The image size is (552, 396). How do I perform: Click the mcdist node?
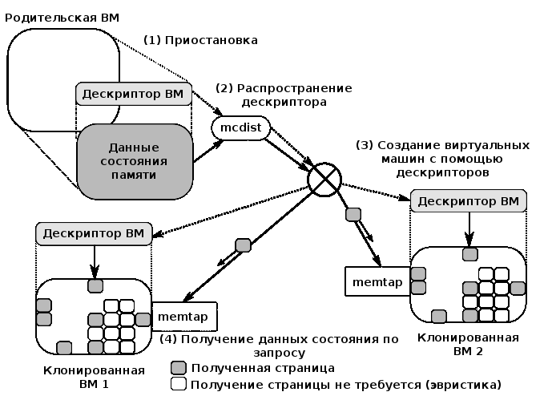click(x=241, y=127)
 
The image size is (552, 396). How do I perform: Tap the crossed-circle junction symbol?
click(x=324, y=180)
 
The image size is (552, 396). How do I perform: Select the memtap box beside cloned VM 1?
click(x=184, y=316)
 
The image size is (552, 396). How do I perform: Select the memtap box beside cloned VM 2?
click(x=377, y=281)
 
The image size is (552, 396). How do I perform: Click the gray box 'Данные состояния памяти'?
click(x=135, y=161)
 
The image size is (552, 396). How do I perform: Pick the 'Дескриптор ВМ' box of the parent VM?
click(x=134, y=94)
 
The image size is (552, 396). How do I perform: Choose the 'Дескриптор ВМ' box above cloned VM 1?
click(x=94, y=233)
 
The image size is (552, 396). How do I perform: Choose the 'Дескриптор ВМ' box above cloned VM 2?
click(x=469, y=201)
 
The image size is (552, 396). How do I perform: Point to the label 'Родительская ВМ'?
click(x=62, y=18)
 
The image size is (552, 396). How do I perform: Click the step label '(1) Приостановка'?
click(x=200, y=40)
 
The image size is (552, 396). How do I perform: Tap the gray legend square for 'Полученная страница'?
click(x=179, y=367)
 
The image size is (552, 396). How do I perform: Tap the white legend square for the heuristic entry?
click(x=179, y=384)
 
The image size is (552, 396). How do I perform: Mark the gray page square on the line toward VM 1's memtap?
click(x=243, y=245)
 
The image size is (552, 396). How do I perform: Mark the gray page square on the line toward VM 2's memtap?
click(x=353, y=214)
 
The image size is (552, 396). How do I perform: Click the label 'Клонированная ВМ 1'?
click(x=94, y=377)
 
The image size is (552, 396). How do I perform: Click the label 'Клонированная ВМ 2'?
click(x=468, y=344)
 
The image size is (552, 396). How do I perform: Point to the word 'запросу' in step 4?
click(x=279, y=353)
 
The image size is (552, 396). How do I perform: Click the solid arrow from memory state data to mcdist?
click(x=208, y=152)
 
